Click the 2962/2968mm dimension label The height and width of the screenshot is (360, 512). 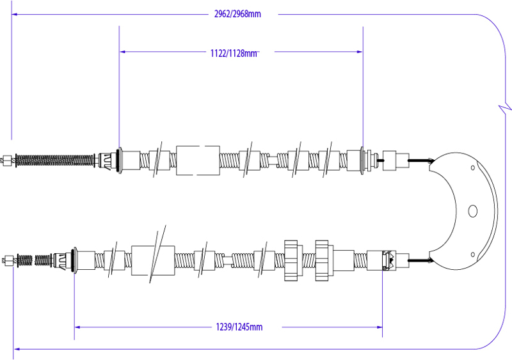[237, 14]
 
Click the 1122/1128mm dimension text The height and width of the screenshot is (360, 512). [234, 53]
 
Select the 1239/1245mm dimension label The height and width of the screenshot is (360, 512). [239, 327]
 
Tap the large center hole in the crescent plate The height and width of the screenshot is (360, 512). [472, 211]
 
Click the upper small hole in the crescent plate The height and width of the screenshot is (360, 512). [473, 168]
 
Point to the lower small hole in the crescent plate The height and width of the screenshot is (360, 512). [473, 254]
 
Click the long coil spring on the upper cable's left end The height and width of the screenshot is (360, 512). [55, 160]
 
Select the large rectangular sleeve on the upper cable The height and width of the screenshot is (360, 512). [198, 160]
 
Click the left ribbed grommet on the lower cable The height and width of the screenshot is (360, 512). [291, 260]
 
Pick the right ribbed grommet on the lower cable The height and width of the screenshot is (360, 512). [323, 260]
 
